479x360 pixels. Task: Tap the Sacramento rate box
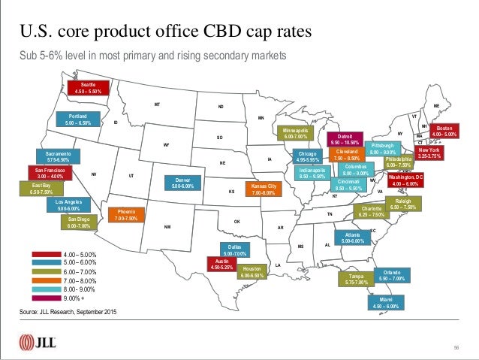(x=53, y=156)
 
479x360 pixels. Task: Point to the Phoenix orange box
(x=126, y=215)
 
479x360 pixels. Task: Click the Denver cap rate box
(x=184, y=183)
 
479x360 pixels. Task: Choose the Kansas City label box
(x=264, y=189)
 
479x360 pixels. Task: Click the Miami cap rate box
(x=386, y=303)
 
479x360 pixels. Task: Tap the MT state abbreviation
(x=157, y=104)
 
